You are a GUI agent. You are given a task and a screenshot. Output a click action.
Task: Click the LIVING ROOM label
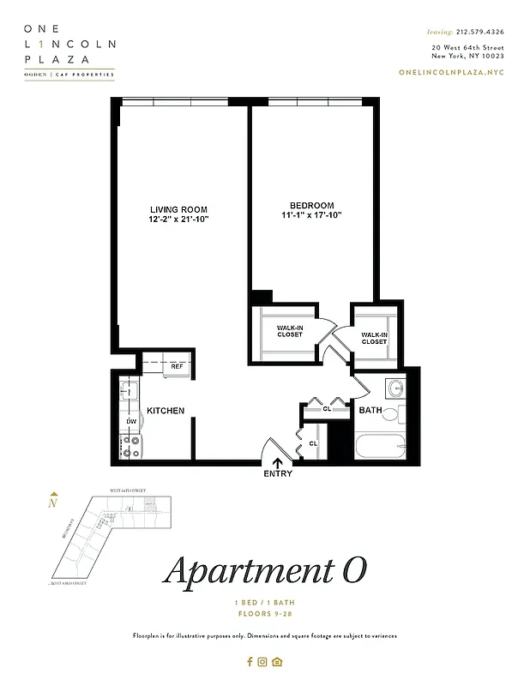point(178,209)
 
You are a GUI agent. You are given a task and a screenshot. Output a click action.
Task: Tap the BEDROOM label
point(311,206)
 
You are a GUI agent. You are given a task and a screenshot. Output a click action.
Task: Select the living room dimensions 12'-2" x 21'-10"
point(178,220)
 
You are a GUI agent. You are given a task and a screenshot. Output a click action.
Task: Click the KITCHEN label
point(166,411)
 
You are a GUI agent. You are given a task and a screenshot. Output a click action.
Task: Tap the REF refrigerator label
point(178,366)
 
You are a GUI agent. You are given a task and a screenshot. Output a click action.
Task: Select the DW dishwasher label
point(131,422)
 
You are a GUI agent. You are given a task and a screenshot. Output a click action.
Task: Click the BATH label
point(370,411)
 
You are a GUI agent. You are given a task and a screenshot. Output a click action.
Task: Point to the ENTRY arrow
point(277,463)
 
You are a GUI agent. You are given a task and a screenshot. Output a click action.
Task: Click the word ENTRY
point(278,474)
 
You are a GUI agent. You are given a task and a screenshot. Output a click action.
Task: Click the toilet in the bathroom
point(392,415)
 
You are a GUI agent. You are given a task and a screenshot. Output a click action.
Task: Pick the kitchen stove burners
point(132,447)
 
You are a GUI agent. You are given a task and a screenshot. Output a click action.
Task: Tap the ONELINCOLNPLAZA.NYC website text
point(452,71)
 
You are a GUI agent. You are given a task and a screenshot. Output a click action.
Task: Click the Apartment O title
point(265,571)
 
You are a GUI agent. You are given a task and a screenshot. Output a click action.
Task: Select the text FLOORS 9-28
point(265,615)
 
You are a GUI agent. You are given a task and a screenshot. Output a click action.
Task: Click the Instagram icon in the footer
point(263,661)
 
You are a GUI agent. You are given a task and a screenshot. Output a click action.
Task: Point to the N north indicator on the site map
point(54,502)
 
